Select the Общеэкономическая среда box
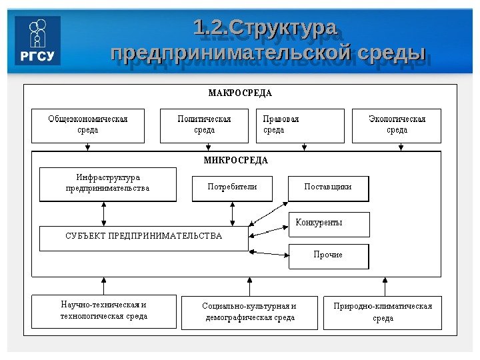click(x=87, y=125)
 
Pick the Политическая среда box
click(x=204, y=125)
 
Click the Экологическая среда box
click(x=397, y=125)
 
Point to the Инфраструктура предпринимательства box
click(x=108, y=184)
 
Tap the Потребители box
click(x=232, y=187)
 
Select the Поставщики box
click(x=328, y=187)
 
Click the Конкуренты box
click(x=329, y=224)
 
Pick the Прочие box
click(x=328, y=255)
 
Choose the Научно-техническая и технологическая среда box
click(x=104, y=311)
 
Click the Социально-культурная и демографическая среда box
click(x=249, y=312)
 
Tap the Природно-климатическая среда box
click(x=383, y=312)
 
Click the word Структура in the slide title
click(x=283, y=29)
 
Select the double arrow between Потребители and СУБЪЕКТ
click(x=232, y=213)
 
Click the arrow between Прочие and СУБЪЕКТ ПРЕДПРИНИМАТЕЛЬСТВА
click(x=269, y=252)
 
